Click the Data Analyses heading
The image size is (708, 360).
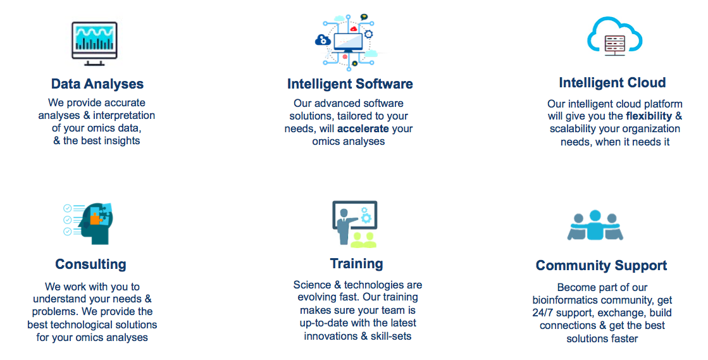97,84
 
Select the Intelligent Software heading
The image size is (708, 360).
350,84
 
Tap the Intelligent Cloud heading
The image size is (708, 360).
612,83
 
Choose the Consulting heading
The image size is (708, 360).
90,264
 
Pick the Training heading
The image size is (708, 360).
357,263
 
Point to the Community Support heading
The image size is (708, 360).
602,266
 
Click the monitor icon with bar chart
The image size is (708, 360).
94,44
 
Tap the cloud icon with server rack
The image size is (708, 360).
614,37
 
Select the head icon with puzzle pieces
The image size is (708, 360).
88,223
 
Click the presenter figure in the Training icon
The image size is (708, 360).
344,226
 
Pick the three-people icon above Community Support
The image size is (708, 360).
595,225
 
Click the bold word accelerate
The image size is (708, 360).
363,128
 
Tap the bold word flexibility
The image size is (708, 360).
649,116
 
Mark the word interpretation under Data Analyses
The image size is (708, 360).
124,116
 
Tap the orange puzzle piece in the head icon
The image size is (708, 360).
96,218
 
